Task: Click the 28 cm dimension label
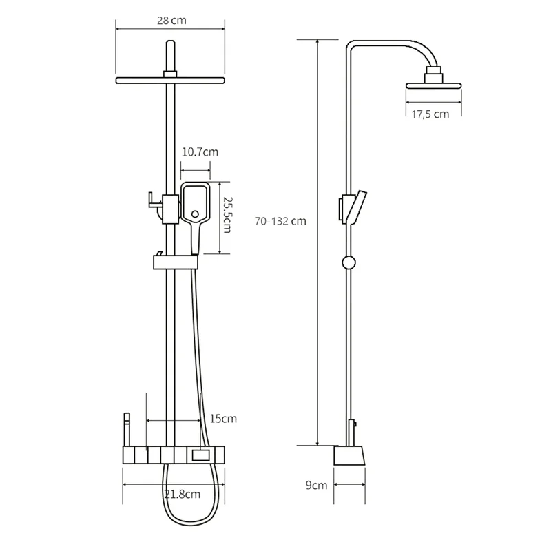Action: (x=171, y=21)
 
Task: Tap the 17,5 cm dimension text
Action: (x=430, y=114)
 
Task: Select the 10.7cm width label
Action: (x=200, y=152)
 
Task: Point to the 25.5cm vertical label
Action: (x=228, y=215)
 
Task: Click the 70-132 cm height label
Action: (x=280, y=221)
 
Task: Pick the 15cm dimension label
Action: (x=223, y=419)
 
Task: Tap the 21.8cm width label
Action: (x=183, y=494)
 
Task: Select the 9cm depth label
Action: (x=316, y=485)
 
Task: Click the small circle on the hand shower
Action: (x=195, y=214)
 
